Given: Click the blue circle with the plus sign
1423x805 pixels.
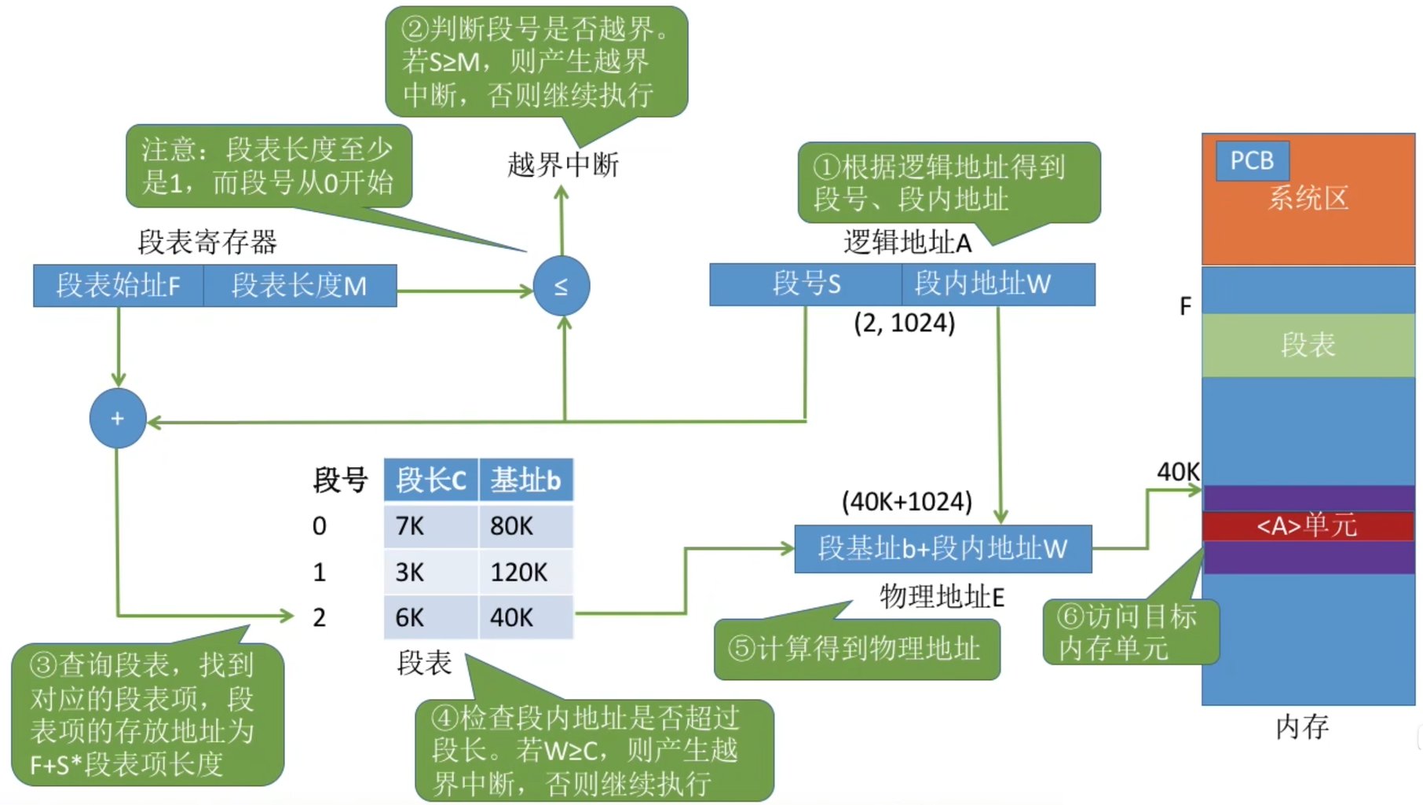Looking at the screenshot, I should tap(118, 419).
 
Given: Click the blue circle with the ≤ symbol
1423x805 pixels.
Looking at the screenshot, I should tap(562, 286).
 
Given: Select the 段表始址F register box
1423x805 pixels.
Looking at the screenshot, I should tap(119, 285).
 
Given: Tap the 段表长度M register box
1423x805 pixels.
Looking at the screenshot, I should tap(299, 285).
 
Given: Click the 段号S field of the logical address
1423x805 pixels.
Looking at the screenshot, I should tap(806, 284).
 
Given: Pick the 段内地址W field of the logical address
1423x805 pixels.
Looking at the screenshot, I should tap(998, 284).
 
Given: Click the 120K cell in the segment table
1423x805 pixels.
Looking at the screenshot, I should tap(525, 572).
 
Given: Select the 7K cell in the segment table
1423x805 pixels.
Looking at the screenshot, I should tap(431, 525).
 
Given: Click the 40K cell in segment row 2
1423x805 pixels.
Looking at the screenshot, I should tap(525, 617).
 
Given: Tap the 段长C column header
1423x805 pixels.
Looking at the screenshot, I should tap(431, 480).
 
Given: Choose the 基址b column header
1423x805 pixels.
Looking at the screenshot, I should tap(525, 480).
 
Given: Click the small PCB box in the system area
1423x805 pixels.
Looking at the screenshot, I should tap(1252, 161).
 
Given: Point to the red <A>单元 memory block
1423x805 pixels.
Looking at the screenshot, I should tap(1308, 525).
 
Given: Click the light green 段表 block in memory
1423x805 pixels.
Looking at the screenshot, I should tap(1308, 345).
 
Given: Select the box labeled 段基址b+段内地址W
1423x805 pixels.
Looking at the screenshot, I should tap(942, 548).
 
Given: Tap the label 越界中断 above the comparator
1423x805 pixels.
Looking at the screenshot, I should tap(562, 165).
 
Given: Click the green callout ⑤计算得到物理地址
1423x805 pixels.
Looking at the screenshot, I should tap(856, 649).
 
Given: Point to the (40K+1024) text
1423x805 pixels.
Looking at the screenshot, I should tap(906, 501).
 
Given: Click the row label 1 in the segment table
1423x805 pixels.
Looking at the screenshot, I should tap(319, 572).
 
